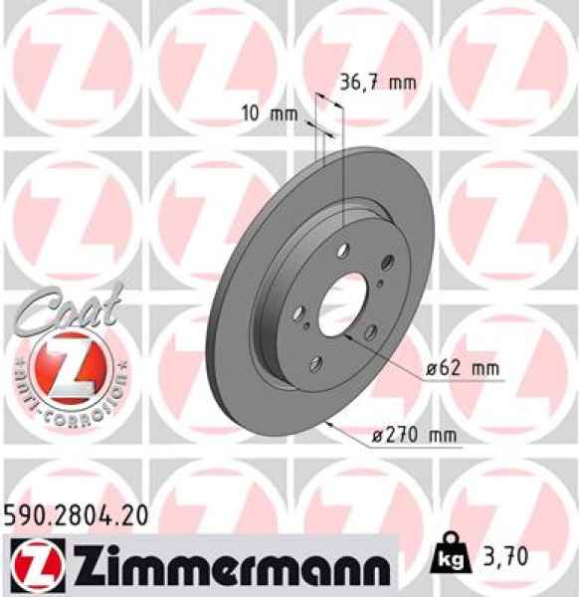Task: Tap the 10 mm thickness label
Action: (x=271, y=112)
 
